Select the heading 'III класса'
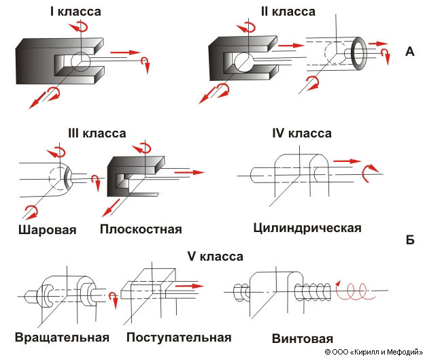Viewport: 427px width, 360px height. [x=97, y=133]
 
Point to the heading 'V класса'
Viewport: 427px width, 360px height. [x=215, y=257]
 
